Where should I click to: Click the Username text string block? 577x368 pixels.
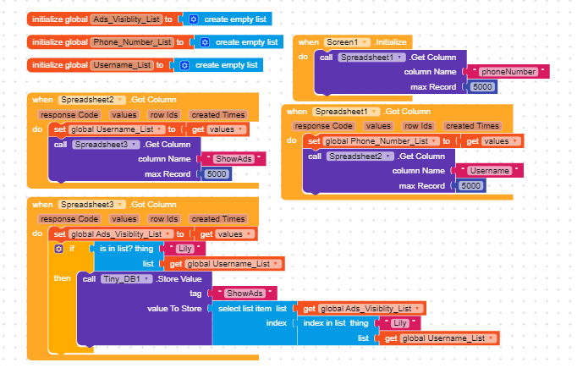pyautogui.click(x=491, y=171)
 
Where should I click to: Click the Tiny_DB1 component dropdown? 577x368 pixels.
pyautogui.click(x=126, y=278)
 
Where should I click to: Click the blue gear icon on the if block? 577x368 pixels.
pyautogui.click(x=58, y=249)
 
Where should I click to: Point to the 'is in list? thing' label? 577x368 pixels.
pyautogui.click(x=126, y=249)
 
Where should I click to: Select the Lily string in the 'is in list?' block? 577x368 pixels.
pyautogui.click(x=185, y=249)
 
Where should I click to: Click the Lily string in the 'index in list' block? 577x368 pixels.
pyautogui.click(x=401, y=323)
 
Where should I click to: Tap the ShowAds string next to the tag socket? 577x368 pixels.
pyautogui.click(x=244, y=294)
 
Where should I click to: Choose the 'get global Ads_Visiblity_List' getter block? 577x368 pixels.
pyautogui.click(x=362, y=309)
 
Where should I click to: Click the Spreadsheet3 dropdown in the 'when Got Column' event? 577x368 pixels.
pyautogui.click(x=93, y=205)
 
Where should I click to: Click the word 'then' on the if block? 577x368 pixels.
pyautogui.click(x=63, y=278)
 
